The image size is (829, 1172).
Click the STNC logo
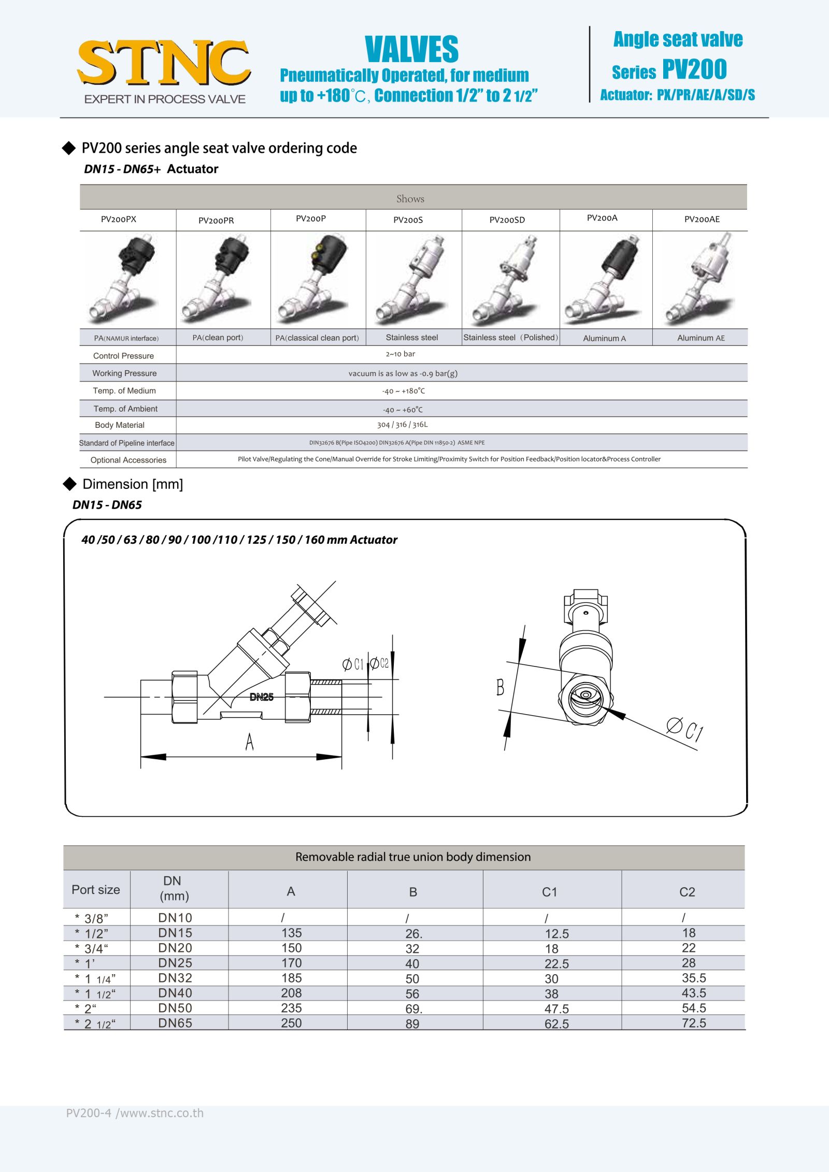click(x=164, y=64)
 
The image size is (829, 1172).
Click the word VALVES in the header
click(x=411, y=50)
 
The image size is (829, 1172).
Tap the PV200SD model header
click(x=507, y=220)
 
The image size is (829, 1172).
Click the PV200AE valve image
click(x=699, y=280)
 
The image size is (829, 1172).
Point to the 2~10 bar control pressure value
click(x=400, y=354)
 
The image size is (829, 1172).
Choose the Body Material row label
click(x=120, y=425)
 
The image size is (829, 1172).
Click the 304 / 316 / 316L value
click(x=402, y=425)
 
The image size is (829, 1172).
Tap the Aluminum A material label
click(x=604, y=338)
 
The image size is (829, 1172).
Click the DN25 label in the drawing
click(x=261, y=697)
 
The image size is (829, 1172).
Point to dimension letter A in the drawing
click(x=249, y=742)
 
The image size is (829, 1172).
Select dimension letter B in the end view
click(x=500, y=687)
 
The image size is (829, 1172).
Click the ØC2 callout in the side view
click(x=379, y=663)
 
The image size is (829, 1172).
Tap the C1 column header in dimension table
click(x=549, y=892)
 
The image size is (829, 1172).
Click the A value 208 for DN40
click(x=291, y=993)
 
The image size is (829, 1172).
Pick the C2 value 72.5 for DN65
click(x=694, y=1023)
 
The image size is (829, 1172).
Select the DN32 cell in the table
click(x=175, y=978)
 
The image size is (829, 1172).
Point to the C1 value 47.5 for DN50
click(x=556, y=1008)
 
